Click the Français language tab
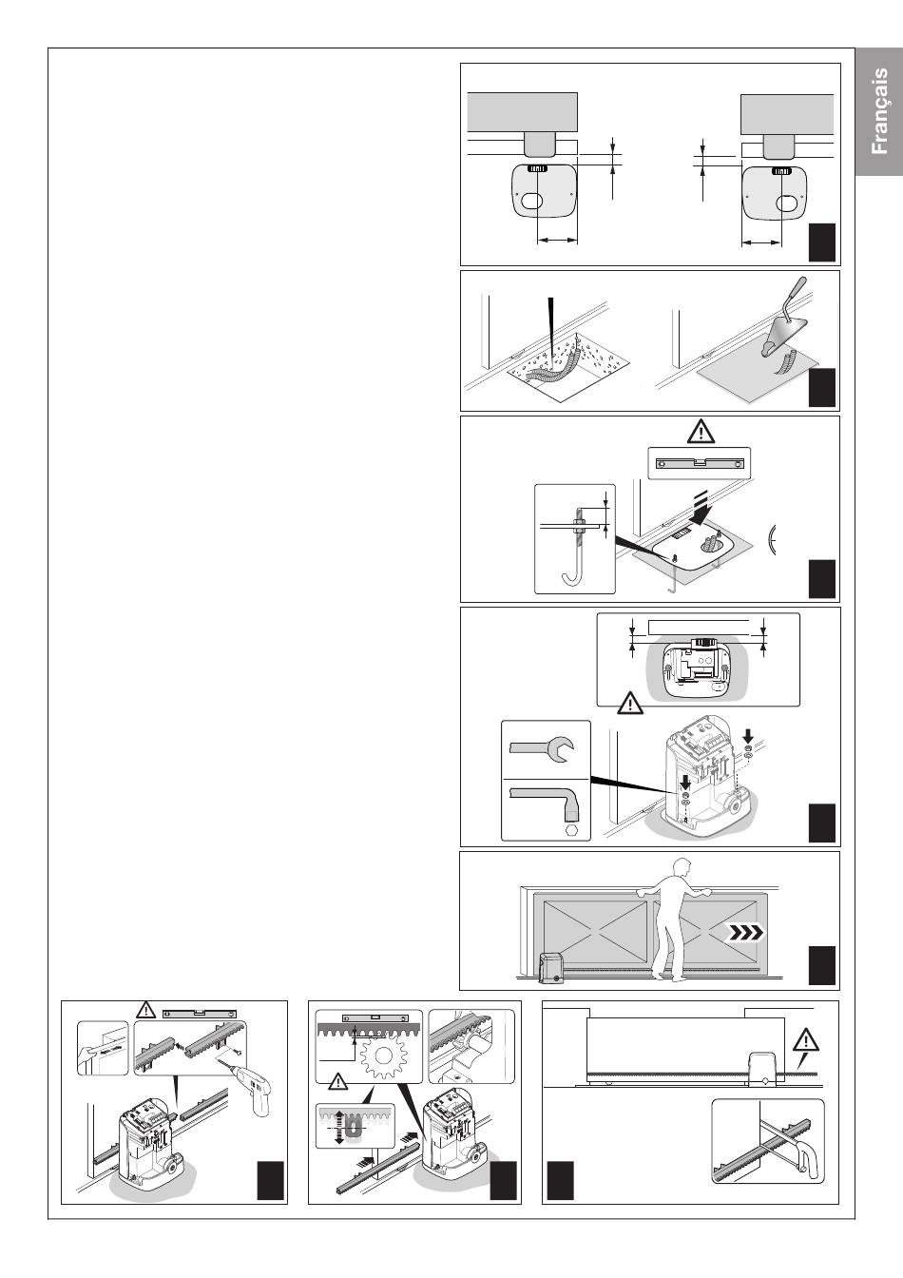pyautogui.click(x=878, y=111)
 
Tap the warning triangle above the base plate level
pyautogui.click(x=700, y=433)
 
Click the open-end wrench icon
pyautogui.click(x=542, y=751)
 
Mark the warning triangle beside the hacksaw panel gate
pyautogui.click(x=806, y=1040)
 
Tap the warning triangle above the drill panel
pyautogui.click(x=144, y=1010)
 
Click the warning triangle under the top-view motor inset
pyautogui.click(x=628, y=705)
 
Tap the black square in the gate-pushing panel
pyautogui.click(x=821, y=965)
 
